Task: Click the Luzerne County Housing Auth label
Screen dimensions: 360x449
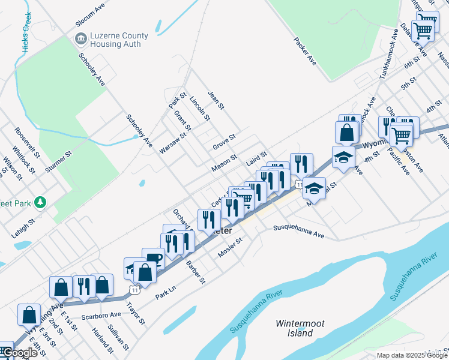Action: pyautogui.click(x=115, y=40)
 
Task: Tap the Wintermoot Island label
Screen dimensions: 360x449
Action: pyautogui.click(x=300, y=328)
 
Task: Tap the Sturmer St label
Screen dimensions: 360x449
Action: pyautogui.click(x=61, y=163)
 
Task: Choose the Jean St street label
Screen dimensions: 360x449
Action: pyautogui.click(x=215, y=100)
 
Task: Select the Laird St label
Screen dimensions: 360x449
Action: pyautogui.click(x=256, y=158)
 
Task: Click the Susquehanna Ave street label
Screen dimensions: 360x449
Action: pyautogui.click(x=298, y=232)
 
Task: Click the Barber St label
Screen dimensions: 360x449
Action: pyautogui.click(x=196, y=272)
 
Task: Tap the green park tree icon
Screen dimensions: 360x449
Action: pyautogui.click(x=40, y=202)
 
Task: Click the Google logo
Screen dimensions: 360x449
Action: pyautogui.click(x=19, y=353)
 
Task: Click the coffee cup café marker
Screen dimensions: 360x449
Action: pyautogui.click(x=153, y=258)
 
